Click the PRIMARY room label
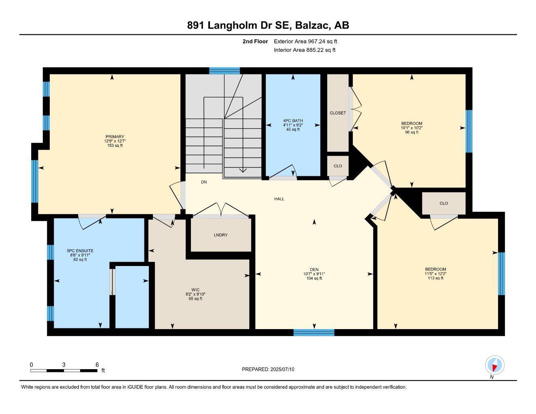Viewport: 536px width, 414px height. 115,137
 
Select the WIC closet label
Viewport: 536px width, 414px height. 195,289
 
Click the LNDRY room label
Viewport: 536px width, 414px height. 220,235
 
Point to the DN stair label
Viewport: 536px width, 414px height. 204,182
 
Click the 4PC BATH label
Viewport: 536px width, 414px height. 293,121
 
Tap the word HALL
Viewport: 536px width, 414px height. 279,199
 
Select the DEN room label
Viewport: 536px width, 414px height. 314,270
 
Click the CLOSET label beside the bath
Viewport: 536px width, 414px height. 338,113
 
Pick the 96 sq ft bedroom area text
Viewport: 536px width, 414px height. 411,132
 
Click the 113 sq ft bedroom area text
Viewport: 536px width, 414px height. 436,278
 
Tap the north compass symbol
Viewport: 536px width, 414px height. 494,365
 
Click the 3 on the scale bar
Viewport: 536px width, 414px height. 64,365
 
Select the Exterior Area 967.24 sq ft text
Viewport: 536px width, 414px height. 305,41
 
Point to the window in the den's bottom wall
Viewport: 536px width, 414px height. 314,332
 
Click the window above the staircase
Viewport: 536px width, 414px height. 225,71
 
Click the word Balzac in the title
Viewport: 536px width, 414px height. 313,25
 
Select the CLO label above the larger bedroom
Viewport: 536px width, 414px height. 444,203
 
